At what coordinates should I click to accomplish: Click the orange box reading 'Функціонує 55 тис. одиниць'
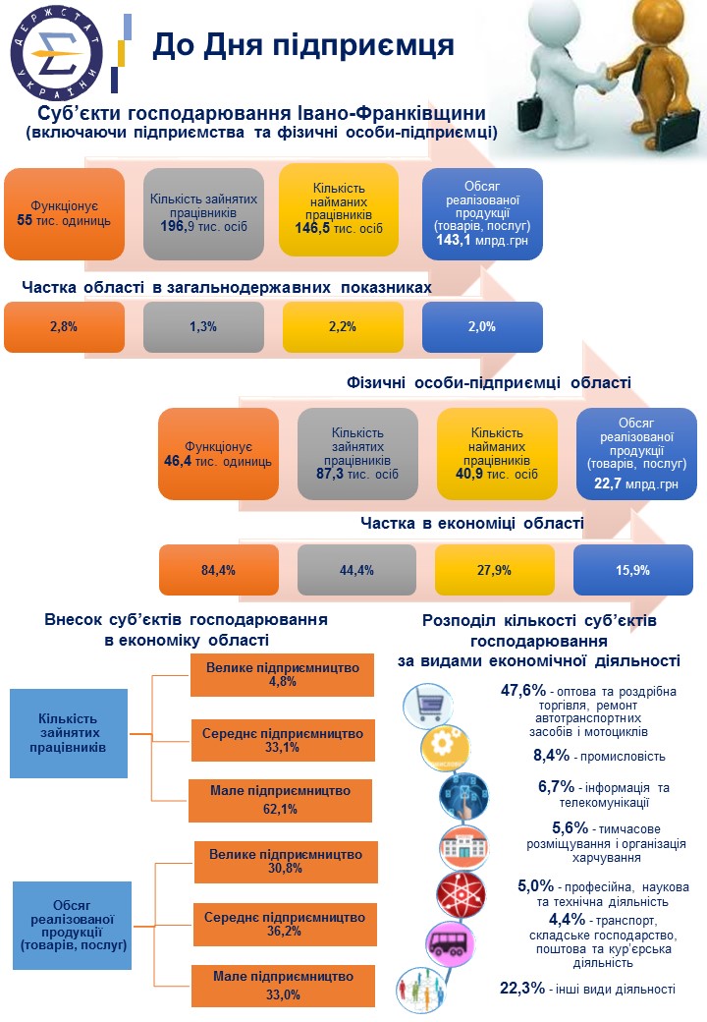(65, 213)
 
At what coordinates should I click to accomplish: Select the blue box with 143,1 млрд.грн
(482, 213)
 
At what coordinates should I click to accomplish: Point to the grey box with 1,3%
(203, 326)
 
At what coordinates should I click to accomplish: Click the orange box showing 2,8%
(65, 326)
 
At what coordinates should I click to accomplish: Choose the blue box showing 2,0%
(482, 326)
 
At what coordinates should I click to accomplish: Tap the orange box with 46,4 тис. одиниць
(219, 454)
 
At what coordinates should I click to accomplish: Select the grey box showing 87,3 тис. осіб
(357, 454)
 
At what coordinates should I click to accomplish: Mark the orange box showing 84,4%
(219, 569)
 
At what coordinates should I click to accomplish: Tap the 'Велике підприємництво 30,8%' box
(281, 860)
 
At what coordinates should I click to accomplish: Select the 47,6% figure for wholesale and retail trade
(522, 691)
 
